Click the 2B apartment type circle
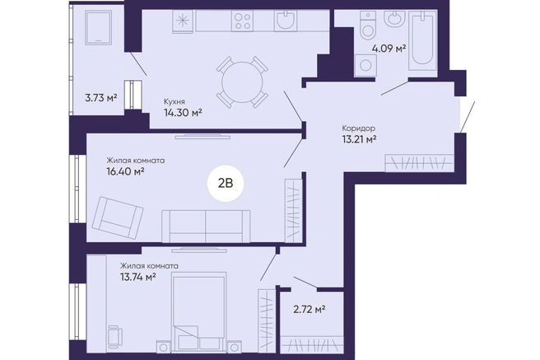[x=226, y=184]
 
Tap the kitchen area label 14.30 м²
[x=183, y=112]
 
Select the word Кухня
[x=175, y=101]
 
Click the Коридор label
[x=359, y=129]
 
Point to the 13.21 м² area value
[x=359, y=139]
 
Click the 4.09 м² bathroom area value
[x=389, y=49]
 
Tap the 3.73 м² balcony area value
[x=101, y=98]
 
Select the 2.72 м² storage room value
[x=310, y=310]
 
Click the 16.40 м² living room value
[x=125, y=171]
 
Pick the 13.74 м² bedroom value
[x=138, y=277]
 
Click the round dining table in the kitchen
[x=242, y=82]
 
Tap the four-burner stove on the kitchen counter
[x=243, y=21]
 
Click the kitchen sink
[x=286, y=21]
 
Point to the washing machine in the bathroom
[x=365, y=64]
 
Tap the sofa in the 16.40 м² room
[x=206, y=226]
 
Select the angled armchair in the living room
[x=118, y=217]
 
